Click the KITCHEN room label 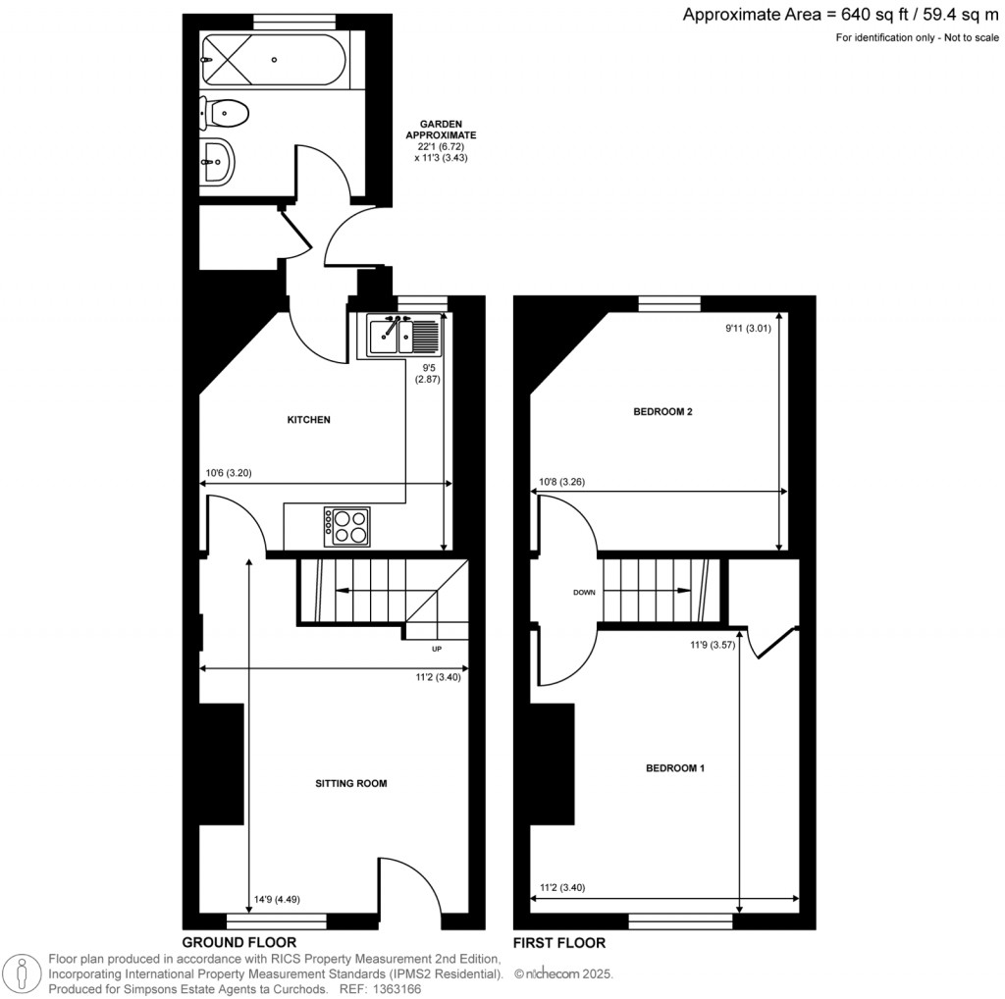308,420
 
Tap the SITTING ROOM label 350,783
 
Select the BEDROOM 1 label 675,767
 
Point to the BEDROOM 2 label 662,411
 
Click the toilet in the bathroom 224,114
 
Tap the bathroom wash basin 218,162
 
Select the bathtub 274,60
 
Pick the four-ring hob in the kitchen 346,527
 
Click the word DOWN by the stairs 584,593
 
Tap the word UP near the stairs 437,649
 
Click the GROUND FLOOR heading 239,942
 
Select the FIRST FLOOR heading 558,943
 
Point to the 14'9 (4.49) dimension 277,899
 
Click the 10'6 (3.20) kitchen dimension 228,473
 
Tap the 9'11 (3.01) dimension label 748,328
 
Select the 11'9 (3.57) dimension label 713,645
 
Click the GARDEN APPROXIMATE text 441,130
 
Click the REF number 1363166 399,989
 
